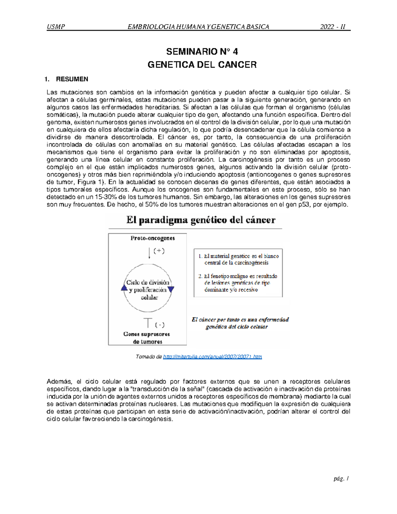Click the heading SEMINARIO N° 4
pos(202,52)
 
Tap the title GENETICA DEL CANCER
pos(202,65)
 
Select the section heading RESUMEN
pos(72,79)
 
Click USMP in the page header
pos(56,27)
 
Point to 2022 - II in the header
pos(332,27)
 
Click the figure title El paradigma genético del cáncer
pos(201,220)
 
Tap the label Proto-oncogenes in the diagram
pos(153,238)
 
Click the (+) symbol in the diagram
pos(159,251)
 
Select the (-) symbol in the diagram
pos(160,325)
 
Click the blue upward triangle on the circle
pos(124,288)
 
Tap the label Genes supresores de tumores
pos(147,338)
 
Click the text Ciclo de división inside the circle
pos(148,282)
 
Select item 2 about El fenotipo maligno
pos(238,283)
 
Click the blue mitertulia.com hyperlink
pos(212,357)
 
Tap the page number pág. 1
pos(341,479)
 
